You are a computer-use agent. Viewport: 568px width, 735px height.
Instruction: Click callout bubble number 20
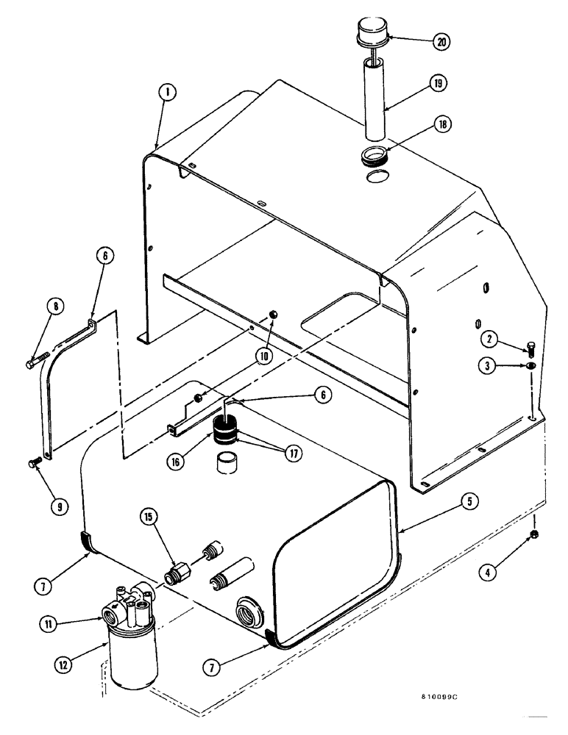point(441,42)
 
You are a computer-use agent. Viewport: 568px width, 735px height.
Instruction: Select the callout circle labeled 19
point(440,85)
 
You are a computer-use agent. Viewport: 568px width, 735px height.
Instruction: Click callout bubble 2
point(488,339)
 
